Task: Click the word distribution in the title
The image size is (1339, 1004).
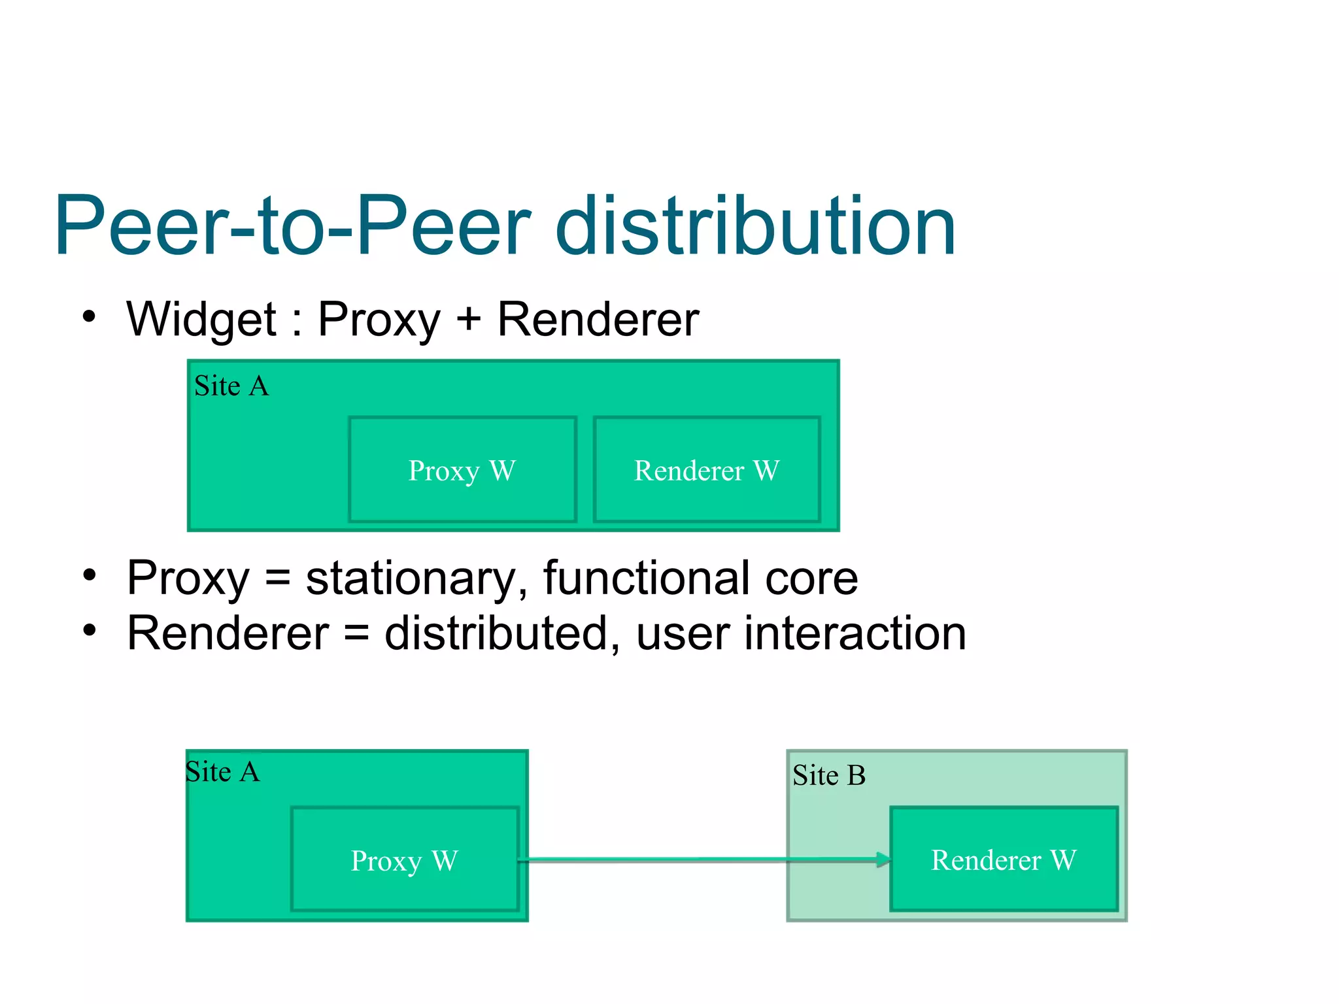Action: [755, 226]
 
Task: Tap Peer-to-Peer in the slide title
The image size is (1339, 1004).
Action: [292, 226]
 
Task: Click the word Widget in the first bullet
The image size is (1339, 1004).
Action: [201, 320]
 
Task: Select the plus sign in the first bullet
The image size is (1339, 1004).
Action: [468, 320]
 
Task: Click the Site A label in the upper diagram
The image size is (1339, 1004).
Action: [231, 386]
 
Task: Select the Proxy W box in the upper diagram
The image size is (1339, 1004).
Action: [462, 470]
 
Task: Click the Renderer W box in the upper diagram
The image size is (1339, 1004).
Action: [707, 470]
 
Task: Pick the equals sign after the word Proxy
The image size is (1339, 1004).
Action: [277, 578]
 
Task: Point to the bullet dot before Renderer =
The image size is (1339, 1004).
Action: [89, 631]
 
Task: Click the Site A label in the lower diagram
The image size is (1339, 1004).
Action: [222, 772]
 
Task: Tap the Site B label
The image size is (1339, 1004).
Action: [828, 776]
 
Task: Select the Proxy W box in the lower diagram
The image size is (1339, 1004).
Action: [405, 860]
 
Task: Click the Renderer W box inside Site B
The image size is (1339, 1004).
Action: [1004, 860]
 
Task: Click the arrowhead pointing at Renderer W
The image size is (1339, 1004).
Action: [883, 860]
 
